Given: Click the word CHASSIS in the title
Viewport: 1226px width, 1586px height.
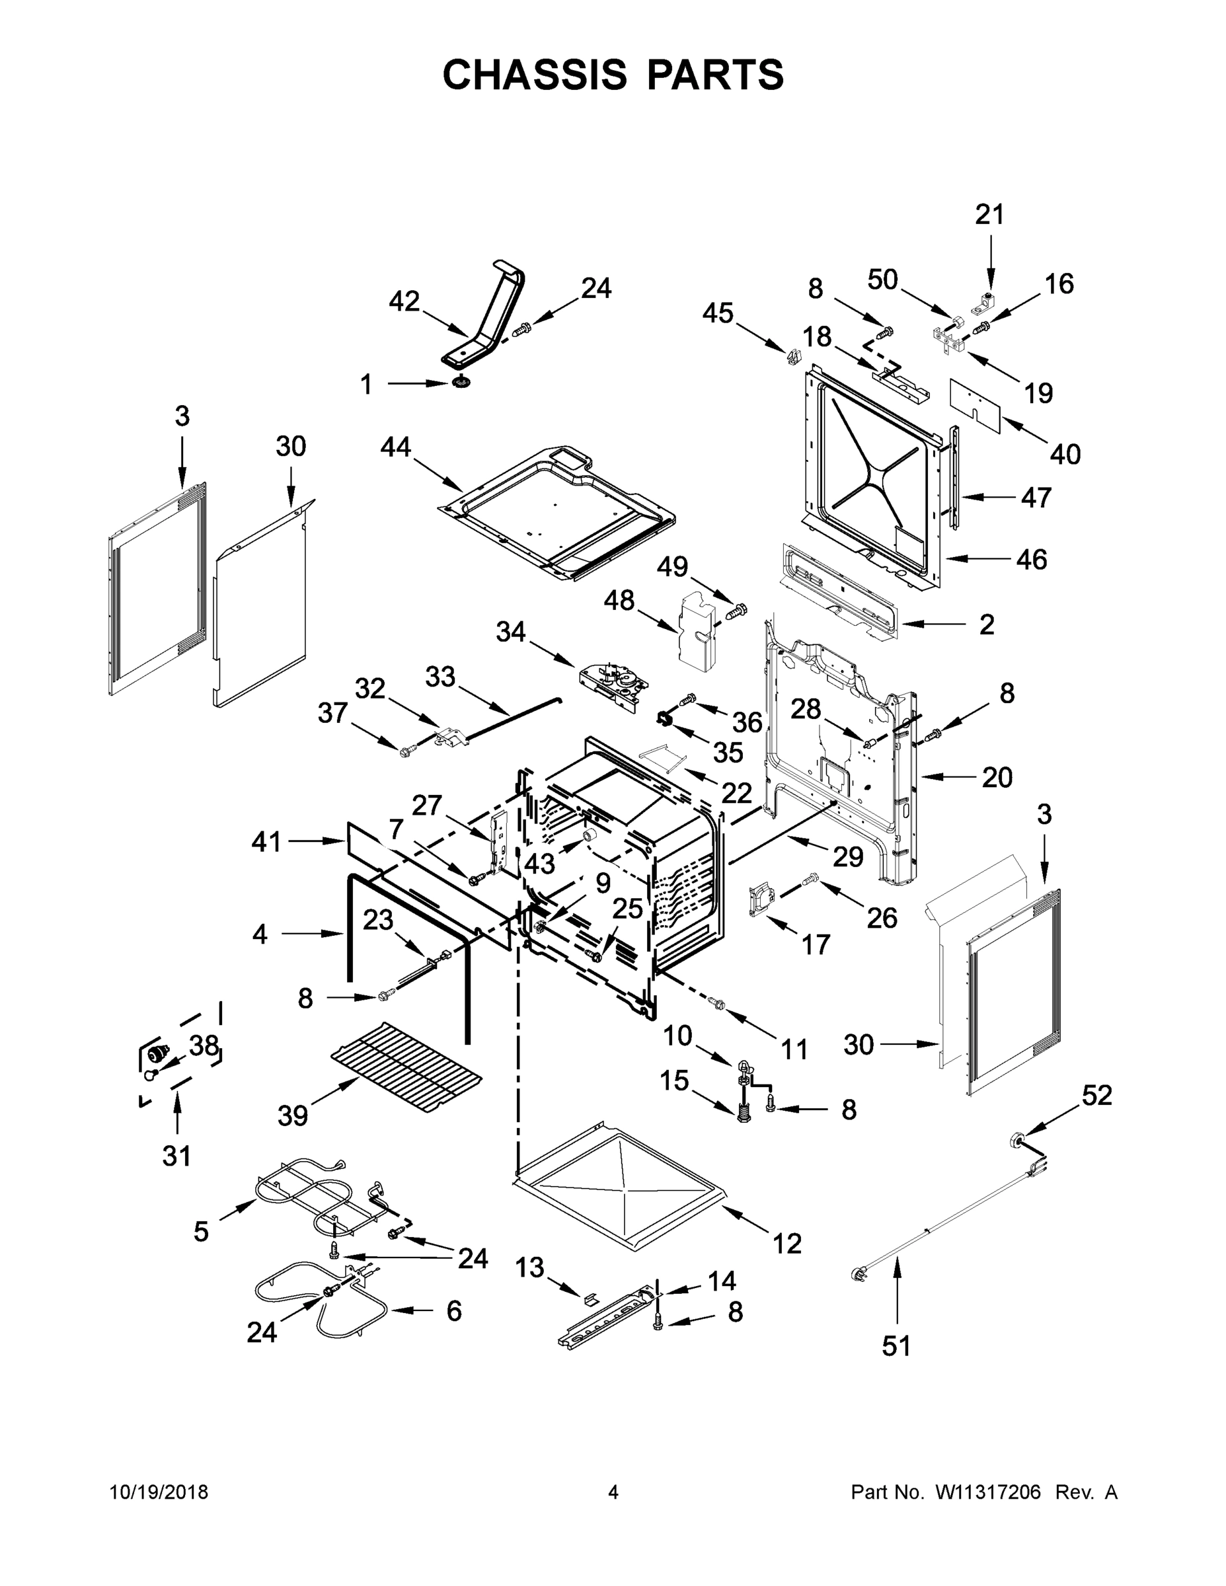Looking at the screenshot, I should [535, 75].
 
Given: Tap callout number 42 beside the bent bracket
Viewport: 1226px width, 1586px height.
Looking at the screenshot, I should [404, 301].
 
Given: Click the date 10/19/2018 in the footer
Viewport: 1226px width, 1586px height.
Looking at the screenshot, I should [159, 1492].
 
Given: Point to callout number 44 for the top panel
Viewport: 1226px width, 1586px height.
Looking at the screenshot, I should [396, 447].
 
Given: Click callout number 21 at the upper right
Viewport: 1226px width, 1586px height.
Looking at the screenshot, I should [989, 215].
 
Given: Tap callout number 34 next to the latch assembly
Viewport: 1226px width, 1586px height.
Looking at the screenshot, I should [511, 632].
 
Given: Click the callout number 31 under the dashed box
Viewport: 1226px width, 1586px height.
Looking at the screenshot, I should [176, 1155].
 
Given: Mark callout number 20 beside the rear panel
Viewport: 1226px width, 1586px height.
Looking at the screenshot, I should [997, 778].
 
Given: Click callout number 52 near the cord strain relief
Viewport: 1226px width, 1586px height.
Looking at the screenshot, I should [1096, 1095].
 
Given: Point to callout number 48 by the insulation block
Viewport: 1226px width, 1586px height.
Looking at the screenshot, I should [619, 601].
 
